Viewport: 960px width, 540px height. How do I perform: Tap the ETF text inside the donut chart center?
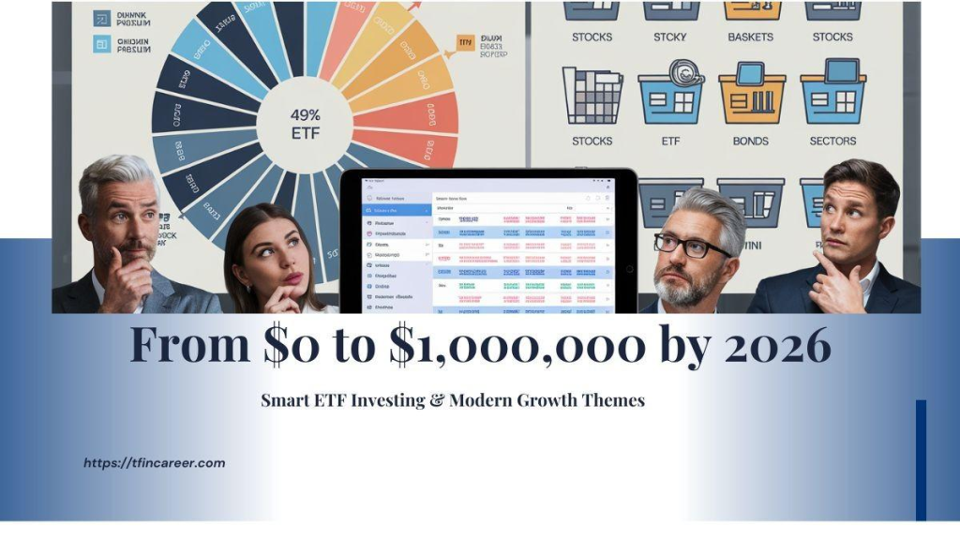pos(305,133)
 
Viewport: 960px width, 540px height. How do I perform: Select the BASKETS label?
pos(751,37)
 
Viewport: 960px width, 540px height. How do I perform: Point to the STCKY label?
pos(669,37)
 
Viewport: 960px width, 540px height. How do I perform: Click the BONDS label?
pos(751,142)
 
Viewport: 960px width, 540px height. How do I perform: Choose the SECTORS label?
pos(832,142)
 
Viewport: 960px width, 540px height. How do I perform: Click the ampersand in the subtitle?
pos(435,400)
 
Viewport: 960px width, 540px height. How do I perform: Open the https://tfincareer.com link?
pos(154,463)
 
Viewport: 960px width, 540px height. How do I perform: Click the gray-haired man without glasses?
pos(123,234)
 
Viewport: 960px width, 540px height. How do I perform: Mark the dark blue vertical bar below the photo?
pos(921,459)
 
